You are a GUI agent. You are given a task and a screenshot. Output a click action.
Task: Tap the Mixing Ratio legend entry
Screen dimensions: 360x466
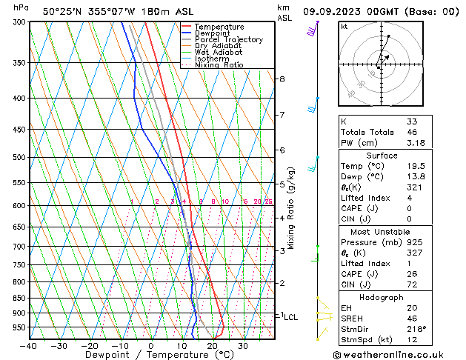coord(219,65)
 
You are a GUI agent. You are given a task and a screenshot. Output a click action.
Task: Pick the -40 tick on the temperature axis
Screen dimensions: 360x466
coord(29,346)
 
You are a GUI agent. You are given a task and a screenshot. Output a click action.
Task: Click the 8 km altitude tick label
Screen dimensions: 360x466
coord(282,79)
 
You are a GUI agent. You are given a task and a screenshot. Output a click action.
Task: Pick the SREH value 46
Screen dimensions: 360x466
coord(412,319)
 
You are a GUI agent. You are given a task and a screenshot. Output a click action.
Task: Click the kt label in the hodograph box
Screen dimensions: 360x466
coord(344,26)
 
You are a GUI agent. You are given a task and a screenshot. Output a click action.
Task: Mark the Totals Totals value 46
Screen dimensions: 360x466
coord(412,133)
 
